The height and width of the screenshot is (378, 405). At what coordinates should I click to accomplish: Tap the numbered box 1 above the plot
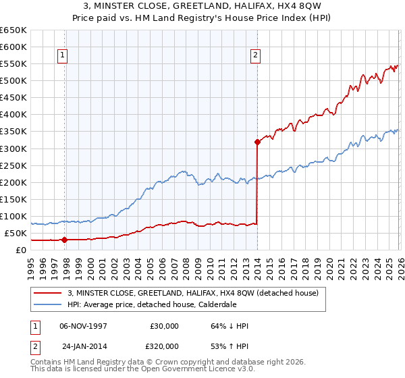coord(62,56)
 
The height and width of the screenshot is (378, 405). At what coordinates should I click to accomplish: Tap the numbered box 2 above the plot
coord(256,56)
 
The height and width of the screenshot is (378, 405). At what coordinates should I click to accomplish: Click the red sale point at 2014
coord(257,142)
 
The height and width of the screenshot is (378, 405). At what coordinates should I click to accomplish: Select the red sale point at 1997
coord(65,240)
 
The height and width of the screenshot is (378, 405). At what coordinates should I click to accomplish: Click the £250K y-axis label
coord(13,165)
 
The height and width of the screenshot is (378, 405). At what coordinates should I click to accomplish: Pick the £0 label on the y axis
coord(20,250)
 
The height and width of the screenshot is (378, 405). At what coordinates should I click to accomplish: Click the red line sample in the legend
coord(49,292)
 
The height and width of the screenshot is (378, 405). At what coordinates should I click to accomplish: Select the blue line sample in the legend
coord(49,304)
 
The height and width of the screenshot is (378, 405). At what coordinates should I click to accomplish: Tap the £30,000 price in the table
coord(165,326)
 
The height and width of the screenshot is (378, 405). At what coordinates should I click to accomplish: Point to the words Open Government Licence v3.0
coord(196,369)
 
